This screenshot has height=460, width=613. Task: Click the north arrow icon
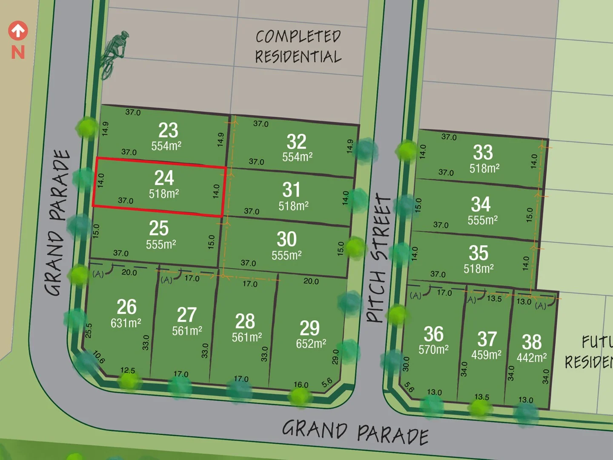pos(18,31)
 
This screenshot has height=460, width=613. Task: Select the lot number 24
pos(164,178)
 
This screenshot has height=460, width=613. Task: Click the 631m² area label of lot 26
pos(126,323)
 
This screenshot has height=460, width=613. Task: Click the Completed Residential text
pos(298,47)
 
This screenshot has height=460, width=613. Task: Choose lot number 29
pos(309,328)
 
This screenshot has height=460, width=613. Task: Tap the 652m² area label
pos(311,344)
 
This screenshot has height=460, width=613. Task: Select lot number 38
pos(532,342)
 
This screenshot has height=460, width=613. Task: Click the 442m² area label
pos(532,357)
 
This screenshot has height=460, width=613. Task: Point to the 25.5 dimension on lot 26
pos(89,331)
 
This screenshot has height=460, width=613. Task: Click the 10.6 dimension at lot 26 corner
pos(99,357)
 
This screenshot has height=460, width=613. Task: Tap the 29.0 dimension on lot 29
pos(335,357)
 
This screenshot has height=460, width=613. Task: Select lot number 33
pos(483,152)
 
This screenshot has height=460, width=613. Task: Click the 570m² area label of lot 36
pos(433,350)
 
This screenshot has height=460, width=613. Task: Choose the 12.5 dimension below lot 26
pos(128,370)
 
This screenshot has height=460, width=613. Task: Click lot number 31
pos(292,190)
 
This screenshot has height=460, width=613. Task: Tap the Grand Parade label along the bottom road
pos(355,431)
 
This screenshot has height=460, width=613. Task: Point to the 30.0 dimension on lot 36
pos(406,364)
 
